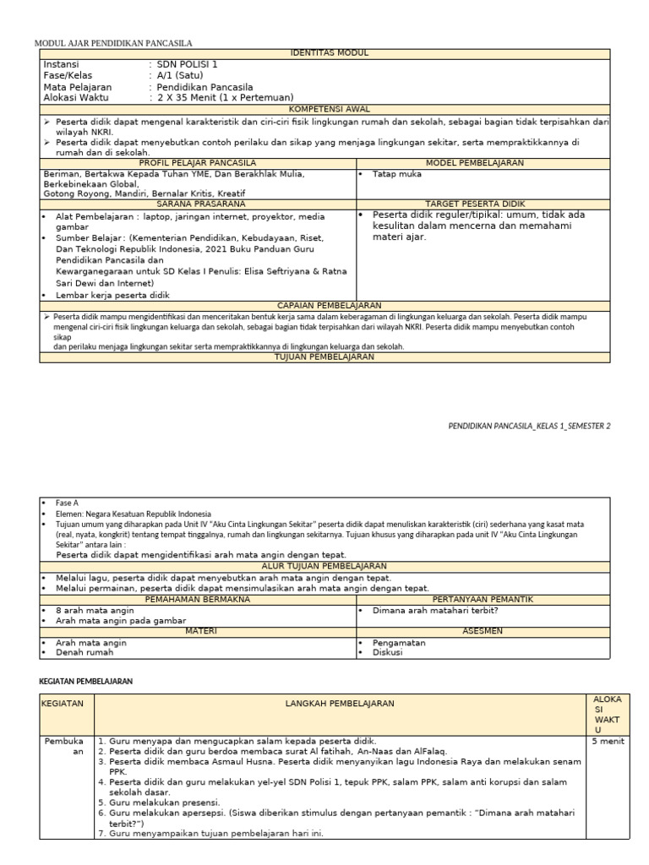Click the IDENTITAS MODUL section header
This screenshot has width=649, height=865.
tap(324, 52)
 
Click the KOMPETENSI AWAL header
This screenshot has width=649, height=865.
tap(324, 109)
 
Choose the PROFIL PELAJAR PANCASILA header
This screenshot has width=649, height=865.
tap(198, 162)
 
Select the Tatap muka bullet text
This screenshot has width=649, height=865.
tap(396, 174)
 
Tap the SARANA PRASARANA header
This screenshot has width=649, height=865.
tap(198, 204)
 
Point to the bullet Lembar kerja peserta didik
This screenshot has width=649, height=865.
tap(112, 295)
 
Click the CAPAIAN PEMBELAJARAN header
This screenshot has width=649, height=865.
tap(324, 305)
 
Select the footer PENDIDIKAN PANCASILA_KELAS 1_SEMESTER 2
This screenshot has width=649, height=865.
tap(528, 427)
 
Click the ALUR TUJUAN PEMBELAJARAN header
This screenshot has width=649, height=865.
tap(324, 566)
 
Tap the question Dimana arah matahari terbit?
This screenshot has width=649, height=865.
tap(435, 609)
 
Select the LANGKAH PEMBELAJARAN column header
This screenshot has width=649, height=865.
tap(340, 703)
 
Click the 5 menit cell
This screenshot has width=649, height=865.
tap(608, 740)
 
